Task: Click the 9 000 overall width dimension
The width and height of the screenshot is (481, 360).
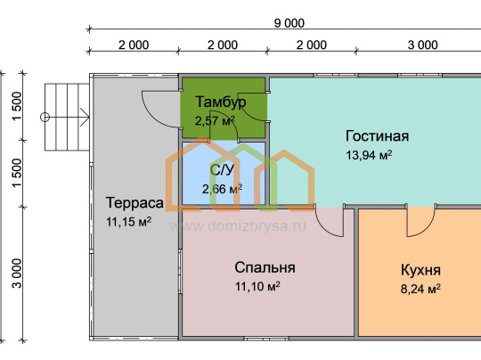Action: point(289,23)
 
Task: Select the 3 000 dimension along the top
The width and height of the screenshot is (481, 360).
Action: point(422,45)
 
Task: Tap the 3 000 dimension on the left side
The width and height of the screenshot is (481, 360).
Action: point(17,274)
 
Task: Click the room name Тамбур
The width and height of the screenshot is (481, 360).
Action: point(221,102)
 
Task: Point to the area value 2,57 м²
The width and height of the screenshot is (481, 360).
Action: point(215,120)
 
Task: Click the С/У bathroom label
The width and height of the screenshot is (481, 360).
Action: point(222,169)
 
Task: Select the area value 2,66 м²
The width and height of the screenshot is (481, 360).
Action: point(222,189)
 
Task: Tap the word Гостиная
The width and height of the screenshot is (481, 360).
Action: point(377,136)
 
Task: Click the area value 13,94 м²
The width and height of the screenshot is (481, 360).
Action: point(369,155)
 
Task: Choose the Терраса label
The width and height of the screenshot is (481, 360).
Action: point(135,203)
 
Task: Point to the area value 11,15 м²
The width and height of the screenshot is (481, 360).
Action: point(128,222)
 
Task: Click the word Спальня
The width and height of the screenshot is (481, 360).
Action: point(265,267)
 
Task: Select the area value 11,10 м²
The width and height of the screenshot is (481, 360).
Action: point(257,286)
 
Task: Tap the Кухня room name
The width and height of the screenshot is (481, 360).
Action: point(420,270)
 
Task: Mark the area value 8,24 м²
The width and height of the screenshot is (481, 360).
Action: point(420,289)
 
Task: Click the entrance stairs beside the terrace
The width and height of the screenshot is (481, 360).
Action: point(67,118)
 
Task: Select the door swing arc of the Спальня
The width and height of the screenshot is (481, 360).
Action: point(322,227)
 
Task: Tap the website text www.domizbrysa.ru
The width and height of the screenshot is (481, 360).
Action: point(238,226)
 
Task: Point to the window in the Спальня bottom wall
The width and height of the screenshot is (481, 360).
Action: point(266,339)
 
